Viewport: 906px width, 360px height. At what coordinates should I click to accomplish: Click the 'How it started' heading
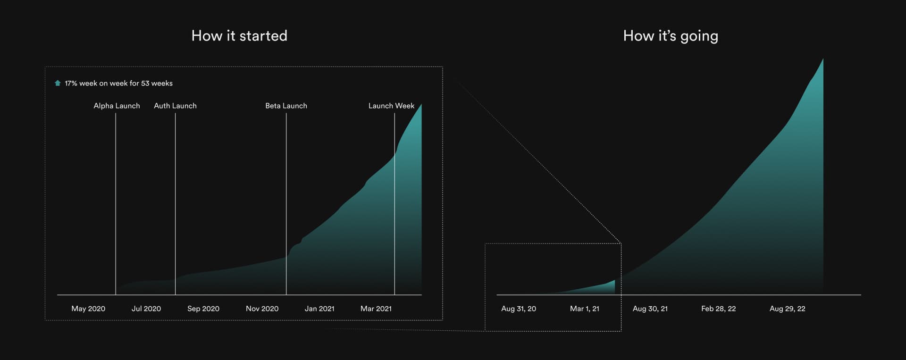pyautogui.click(x=239, y=36)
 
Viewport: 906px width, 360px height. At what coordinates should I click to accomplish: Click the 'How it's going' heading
pyautogui.click(x=671, y=36)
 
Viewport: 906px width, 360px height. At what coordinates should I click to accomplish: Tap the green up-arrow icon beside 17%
pyautogui.click(x=58, y=83)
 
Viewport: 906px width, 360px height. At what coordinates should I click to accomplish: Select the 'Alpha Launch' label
pyautogui.click(x=117, y=106)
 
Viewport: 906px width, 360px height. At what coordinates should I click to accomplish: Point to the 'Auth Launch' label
pyautogui.click(x=175, y=106)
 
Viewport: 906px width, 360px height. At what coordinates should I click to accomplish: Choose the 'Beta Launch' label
pyautogui.click(x=286, y=106)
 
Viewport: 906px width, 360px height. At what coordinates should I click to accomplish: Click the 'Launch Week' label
pyautogui.click(x=391, y=106)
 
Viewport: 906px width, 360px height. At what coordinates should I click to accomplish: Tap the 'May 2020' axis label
pyautogui.click(x=88, y=309)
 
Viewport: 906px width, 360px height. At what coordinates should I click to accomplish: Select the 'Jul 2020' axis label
pyautogui.click(x=146, y=309)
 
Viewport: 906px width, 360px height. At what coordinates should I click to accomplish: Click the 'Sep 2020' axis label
pyautogui.click(x=203, y=309)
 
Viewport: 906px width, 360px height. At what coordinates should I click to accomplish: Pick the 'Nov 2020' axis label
pyautogui.click(x=262, y=309)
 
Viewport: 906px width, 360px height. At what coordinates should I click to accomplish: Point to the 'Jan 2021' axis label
pyautogui.click(x=319, y=309)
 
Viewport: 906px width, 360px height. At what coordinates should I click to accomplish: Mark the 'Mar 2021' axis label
pyautogui.click(x=376, y=309)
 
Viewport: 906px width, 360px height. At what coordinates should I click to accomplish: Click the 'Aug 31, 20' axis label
pyautogui.click(x=519, y=309)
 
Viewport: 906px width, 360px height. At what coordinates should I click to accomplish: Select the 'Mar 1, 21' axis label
pyautogui.click(x=585, y=309)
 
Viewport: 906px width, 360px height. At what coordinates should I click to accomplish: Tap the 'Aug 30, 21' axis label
pyautogui.click(x=650, y=309)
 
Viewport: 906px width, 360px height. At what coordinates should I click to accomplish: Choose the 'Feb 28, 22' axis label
pyautogui.click(x=719, y=309)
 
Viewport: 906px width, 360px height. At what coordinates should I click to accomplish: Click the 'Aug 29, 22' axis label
pyautogui.click(x=788, y=309)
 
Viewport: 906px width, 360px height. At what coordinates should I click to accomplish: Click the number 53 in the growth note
pyautogui.click(x=145, y=83)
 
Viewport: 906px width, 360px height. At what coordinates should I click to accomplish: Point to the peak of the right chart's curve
pyautogui.click(x=823, y=59)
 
